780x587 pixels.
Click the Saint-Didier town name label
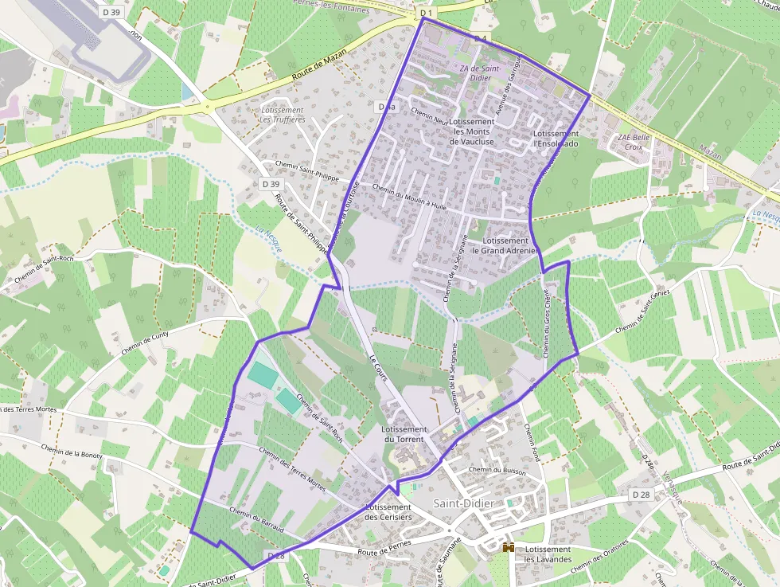coord(464,504)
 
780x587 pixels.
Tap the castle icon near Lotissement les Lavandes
coord(508,548)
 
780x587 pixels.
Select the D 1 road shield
coord(426,14)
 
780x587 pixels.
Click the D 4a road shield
coord(386,106)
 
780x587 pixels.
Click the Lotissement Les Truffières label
coord(283,115)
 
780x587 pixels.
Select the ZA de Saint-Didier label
coord(480,73)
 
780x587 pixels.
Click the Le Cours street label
coord(378,366)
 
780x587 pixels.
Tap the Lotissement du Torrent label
coord(405,434)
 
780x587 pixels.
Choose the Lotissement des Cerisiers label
coord(388,512)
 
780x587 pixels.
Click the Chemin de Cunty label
coord(146,344)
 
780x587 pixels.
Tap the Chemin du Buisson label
coord(497,471)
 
